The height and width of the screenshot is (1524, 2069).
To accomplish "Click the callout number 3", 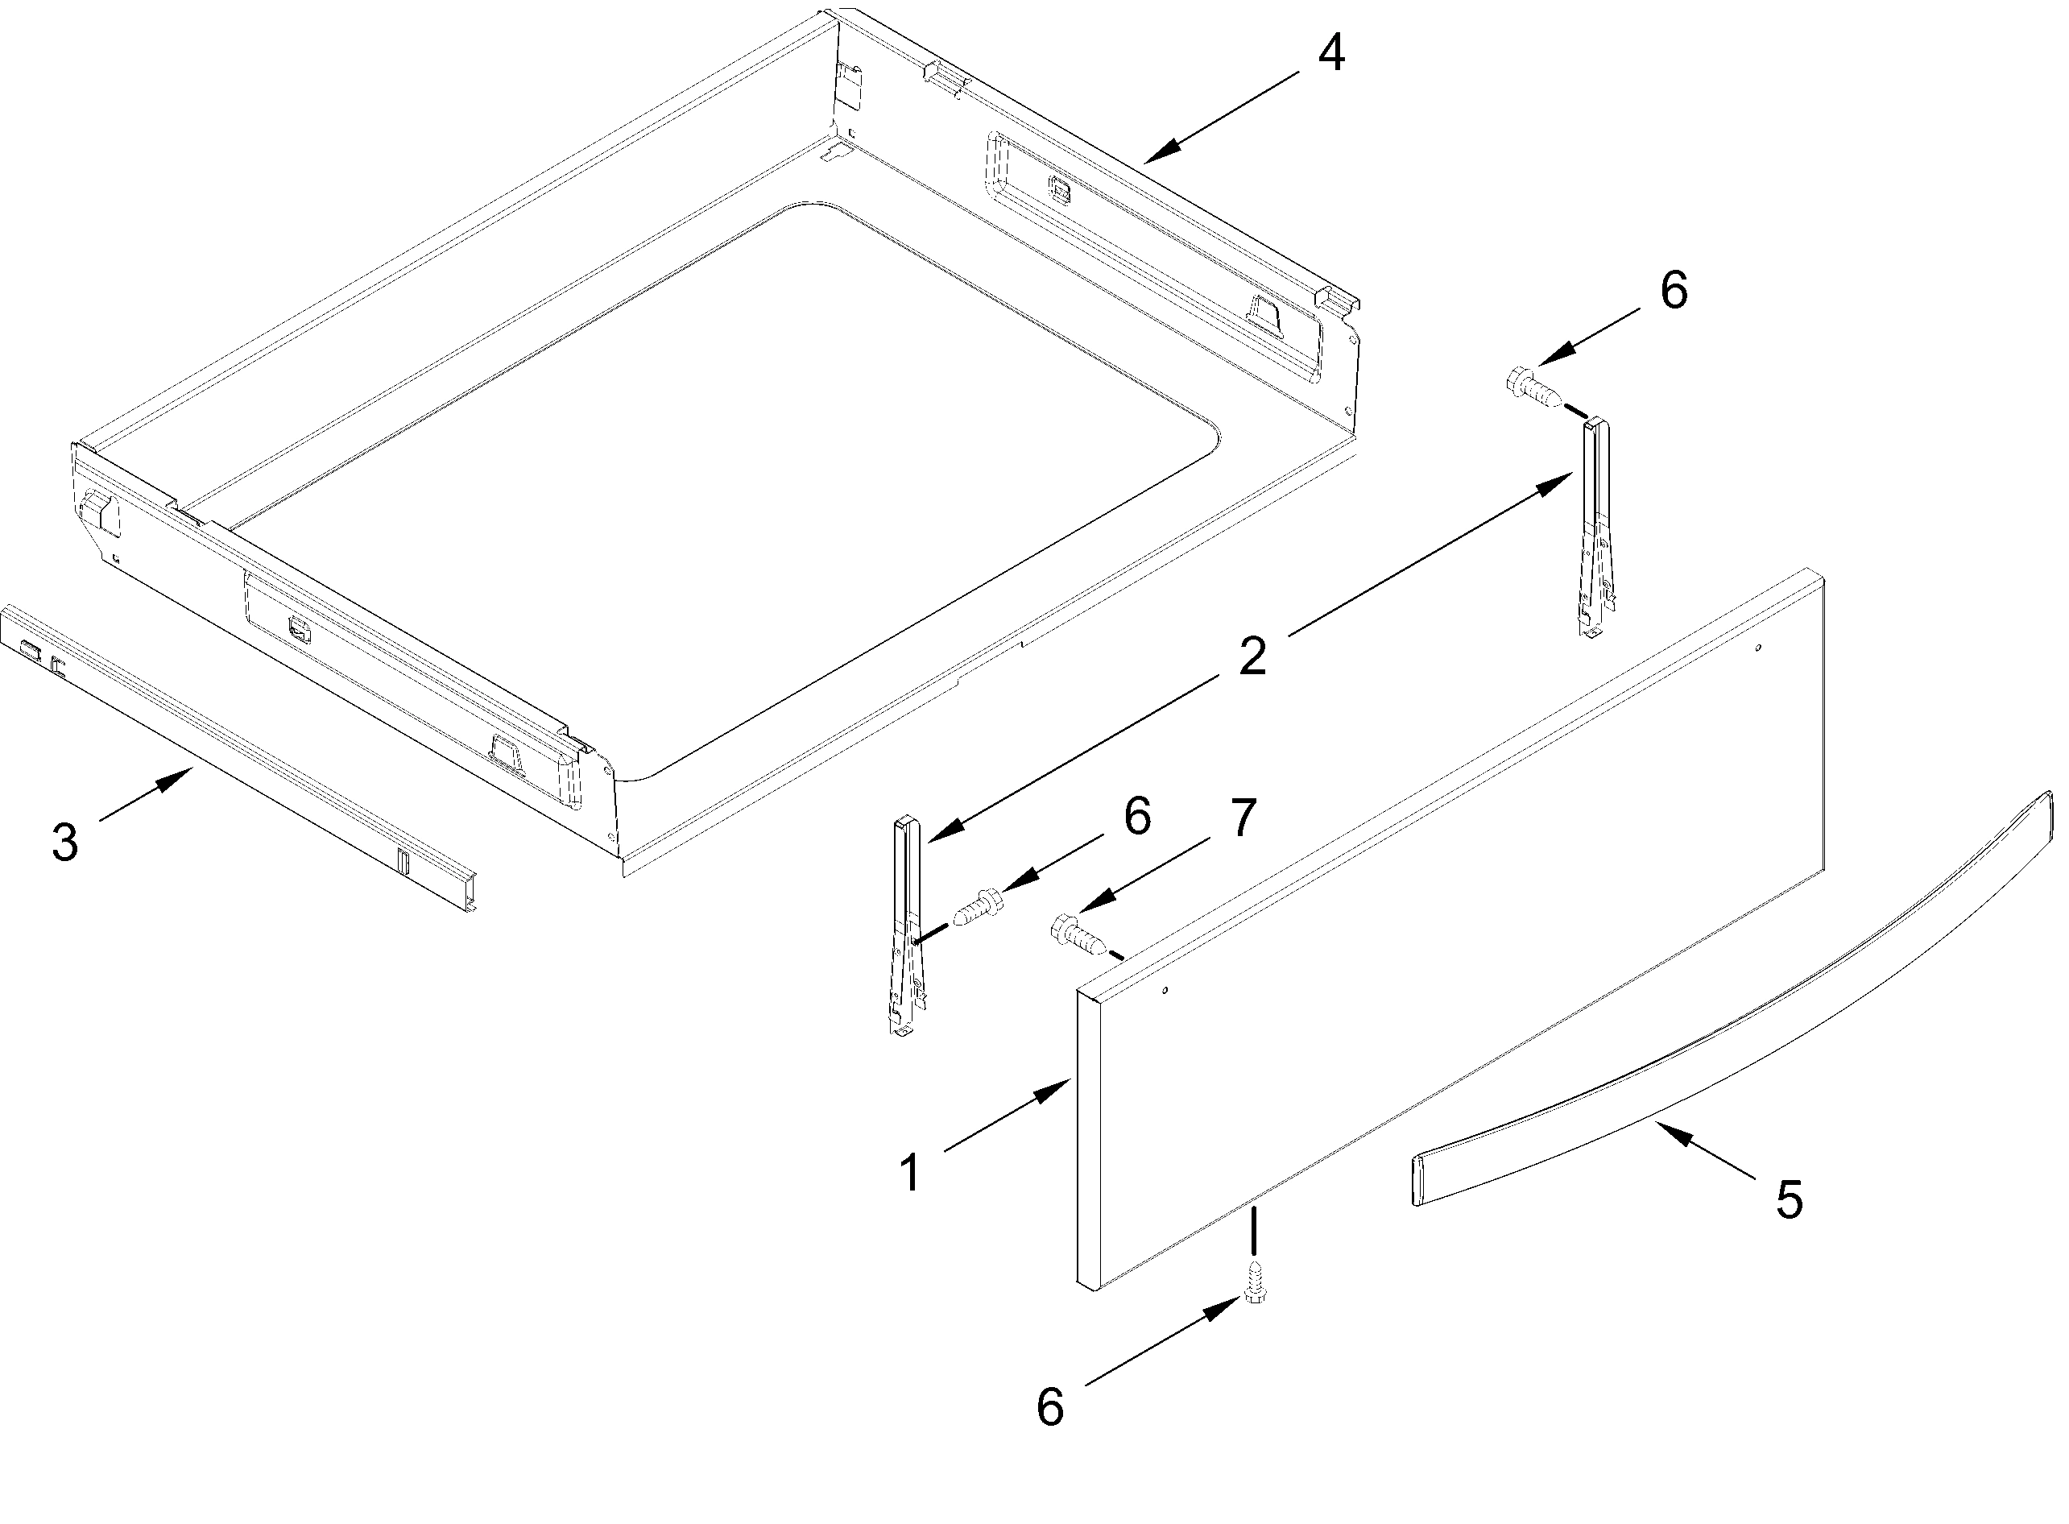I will [64, 841].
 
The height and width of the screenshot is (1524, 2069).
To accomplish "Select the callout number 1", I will [910, 1173].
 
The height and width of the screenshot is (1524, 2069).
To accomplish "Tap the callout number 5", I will [1789, 1200].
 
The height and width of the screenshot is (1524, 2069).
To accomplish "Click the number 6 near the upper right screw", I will [1674, 290].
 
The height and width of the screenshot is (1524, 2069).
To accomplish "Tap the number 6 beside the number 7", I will [1136, 817].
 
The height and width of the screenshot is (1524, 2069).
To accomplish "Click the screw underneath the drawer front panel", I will [1254, 1282].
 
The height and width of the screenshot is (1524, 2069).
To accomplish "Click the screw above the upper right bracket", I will [1535, 387].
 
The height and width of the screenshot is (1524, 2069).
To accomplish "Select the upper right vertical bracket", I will [1595, 526].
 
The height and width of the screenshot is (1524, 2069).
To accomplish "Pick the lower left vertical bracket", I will [906, 922].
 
